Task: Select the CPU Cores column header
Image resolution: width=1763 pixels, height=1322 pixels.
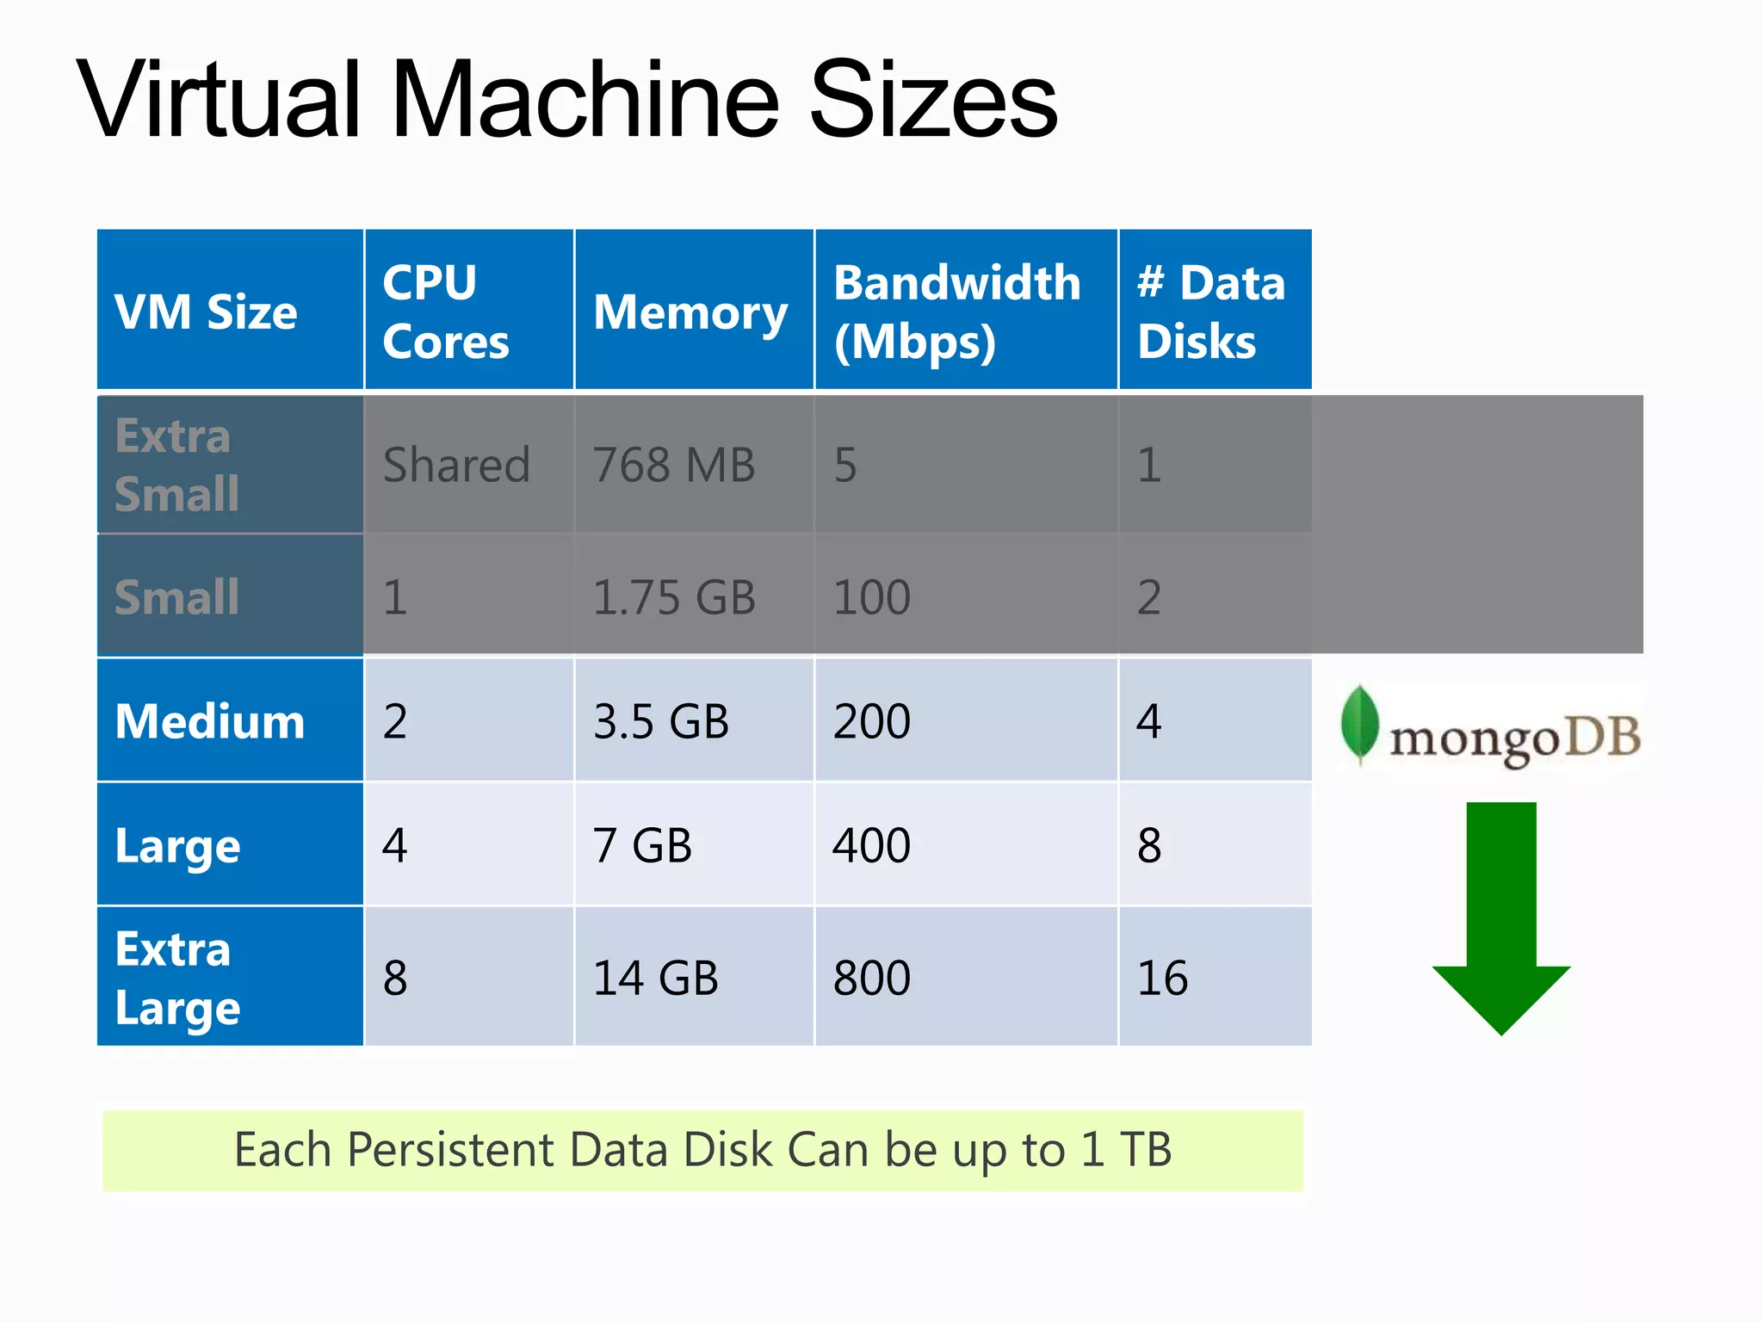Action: (446, 311)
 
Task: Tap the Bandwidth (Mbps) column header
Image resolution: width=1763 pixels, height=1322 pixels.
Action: (956, 311)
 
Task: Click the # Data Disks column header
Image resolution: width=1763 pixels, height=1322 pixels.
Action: (1210, 311)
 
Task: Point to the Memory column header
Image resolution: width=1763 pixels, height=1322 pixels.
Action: (690, 311)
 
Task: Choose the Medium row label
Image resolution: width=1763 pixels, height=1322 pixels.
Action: (210, 720)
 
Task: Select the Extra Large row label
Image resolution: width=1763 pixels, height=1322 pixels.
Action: (177, 978)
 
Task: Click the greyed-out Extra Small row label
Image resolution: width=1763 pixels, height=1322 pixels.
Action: (176, 465)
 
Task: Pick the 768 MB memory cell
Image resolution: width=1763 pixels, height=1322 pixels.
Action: (673, 465)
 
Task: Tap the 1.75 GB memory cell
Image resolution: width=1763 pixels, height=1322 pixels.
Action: (674, 597)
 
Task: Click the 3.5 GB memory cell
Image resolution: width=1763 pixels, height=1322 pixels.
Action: (660, 720)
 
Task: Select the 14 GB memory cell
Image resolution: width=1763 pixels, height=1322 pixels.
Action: (655, 978)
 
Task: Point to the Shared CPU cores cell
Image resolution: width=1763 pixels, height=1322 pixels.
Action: (456, 465)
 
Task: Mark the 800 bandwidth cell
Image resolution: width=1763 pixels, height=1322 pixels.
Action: (871, 978)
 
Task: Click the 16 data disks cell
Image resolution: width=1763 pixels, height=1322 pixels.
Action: (1162, 978)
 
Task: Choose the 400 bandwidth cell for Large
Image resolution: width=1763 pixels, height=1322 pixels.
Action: (871, 844)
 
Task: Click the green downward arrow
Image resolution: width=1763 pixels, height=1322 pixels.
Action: (1501, 917)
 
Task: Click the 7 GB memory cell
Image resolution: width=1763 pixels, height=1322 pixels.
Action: (642, 844)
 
